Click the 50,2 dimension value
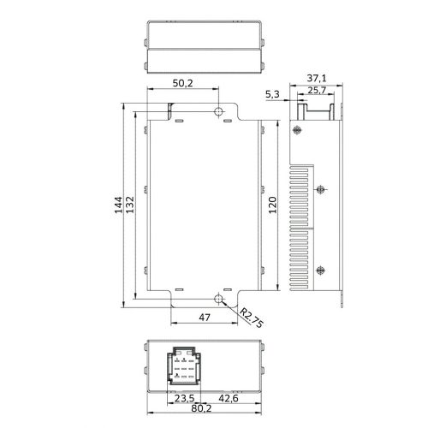pos(182,83)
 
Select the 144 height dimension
pos(118,205)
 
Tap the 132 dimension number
pos(130,205)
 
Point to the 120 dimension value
pos(273,205)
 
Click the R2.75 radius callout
pos(251,318)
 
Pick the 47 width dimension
pos(205,318)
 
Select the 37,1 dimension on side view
pos(317,78)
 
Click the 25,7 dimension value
pos(317,90)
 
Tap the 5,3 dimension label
pos(272,94)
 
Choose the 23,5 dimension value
pos(184,398)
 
